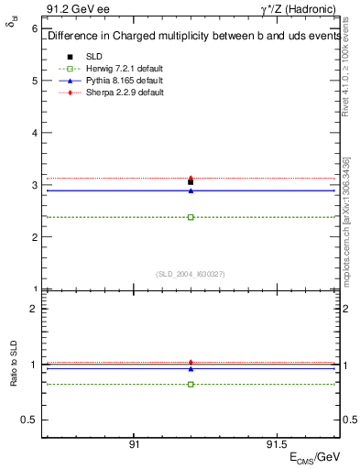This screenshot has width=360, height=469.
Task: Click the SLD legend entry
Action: (x=93, y=56)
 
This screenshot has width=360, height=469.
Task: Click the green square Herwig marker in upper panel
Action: (x=191, y=217)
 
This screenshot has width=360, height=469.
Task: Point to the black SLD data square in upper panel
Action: (x=191, y=182)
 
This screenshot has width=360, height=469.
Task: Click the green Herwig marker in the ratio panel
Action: (x=191, y=384)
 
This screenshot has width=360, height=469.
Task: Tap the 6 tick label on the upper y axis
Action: (x=34, y=28)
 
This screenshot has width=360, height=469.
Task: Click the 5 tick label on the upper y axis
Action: (x=34, y=81)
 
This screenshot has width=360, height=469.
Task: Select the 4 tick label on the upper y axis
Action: (x=34, y=133)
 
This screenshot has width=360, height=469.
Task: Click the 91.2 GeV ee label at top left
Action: (x=71, y=7)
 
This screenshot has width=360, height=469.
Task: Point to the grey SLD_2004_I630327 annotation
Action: (x=191, y=274)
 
